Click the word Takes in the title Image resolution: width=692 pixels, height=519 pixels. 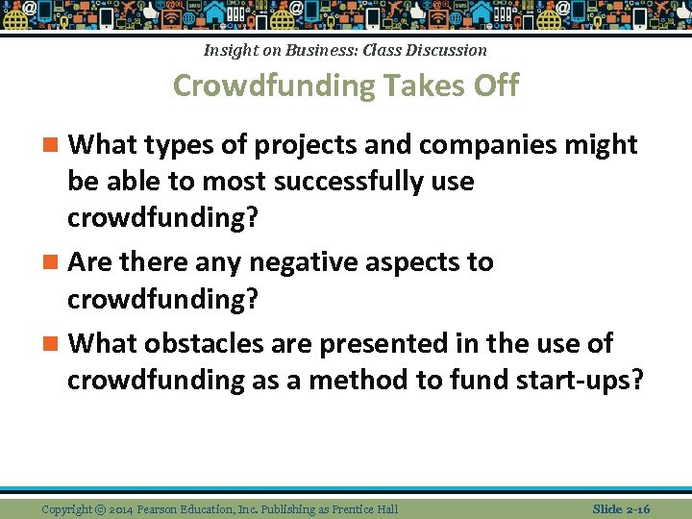(416, 86)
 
